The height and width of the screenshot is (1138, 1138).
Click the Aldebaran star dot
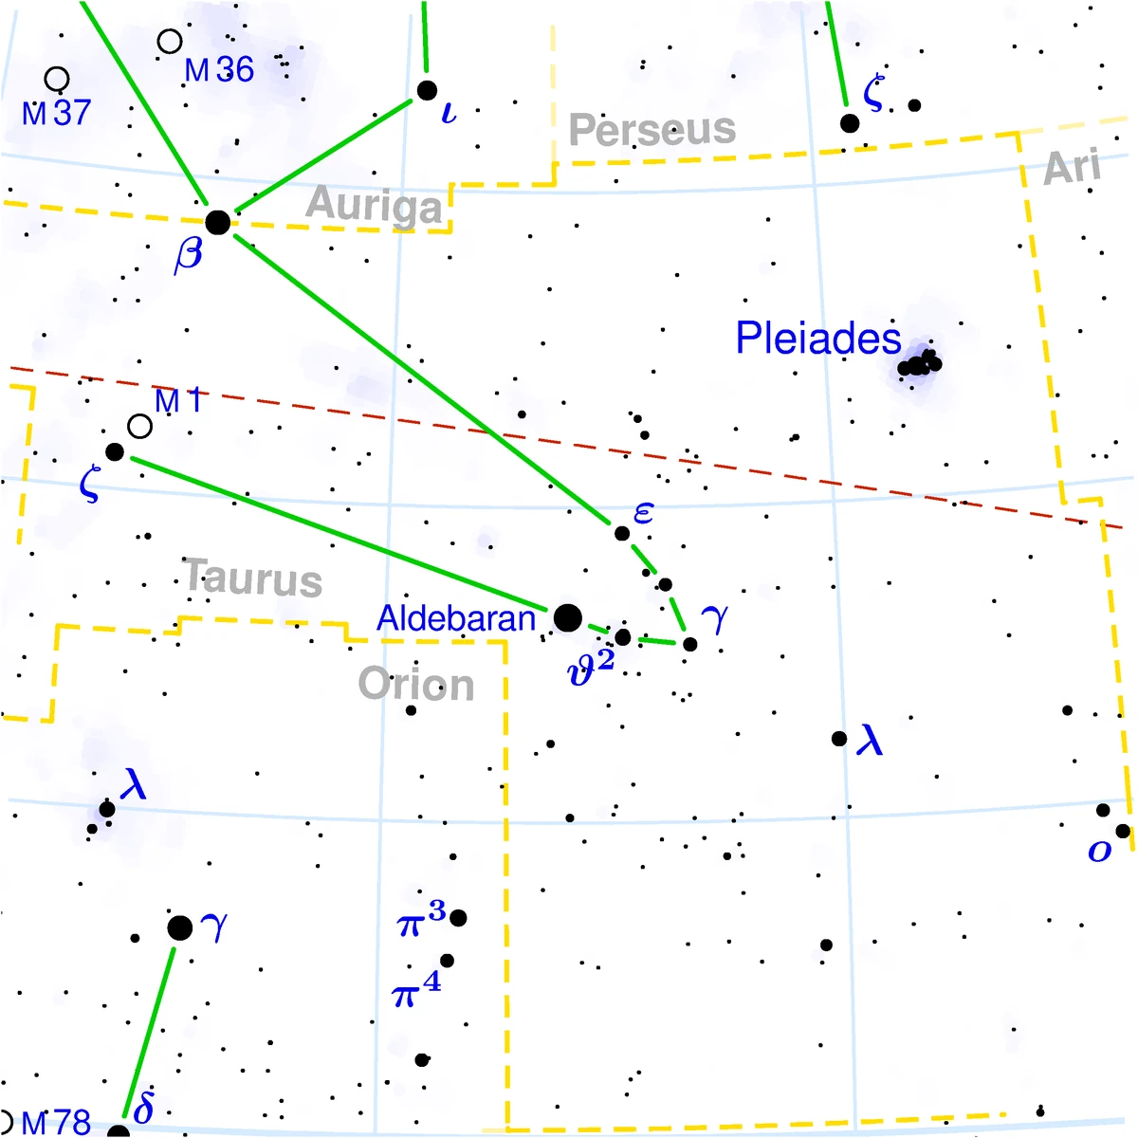tap(567, 618)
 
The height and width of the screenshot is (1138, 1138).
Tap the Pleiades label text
tap(817, 339)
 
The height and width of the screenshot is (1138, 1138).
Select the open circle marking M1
tap(139, 427)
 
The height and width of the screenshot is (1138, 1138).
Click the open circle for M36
tap(170, 42)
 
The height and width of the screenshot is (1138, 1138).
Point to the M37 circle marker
tap(57, 79)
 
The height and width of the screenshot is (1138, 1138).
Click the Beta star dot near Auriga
tap(218, 223)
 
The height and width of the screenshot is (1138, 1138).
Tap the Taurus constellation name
tap(253, 578)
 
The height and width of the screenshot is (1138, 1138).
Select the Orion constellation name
tap(416, 685)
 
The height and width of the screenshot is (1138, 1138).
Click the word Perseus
tap(652, 129)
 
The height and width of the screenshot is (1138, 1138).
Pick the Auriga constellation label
tap(375, 206)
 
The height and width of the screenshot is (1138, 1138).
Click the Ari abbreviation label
tap(1073, 169)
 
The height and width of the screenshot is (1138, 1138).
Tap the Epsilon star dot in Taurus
tap(622, 533)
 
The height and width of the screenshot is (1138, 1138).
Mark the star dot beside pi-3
tap(458, 918)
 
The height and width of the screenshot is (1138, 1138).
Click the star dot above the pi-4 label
tap(447, 961)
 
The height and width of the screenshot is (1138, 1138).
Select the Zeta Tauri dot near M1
tap(115, 452)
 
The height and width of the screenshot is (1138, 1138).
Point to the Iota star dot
tap(427, 91)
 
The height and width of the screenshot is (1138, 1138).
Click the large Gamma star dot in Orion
tap(179, 928)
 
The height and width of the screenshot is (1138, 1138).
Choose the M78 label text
tap(55, 1124)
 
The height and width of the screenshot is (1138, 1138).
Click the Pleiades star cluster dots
tap(919, 364)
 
